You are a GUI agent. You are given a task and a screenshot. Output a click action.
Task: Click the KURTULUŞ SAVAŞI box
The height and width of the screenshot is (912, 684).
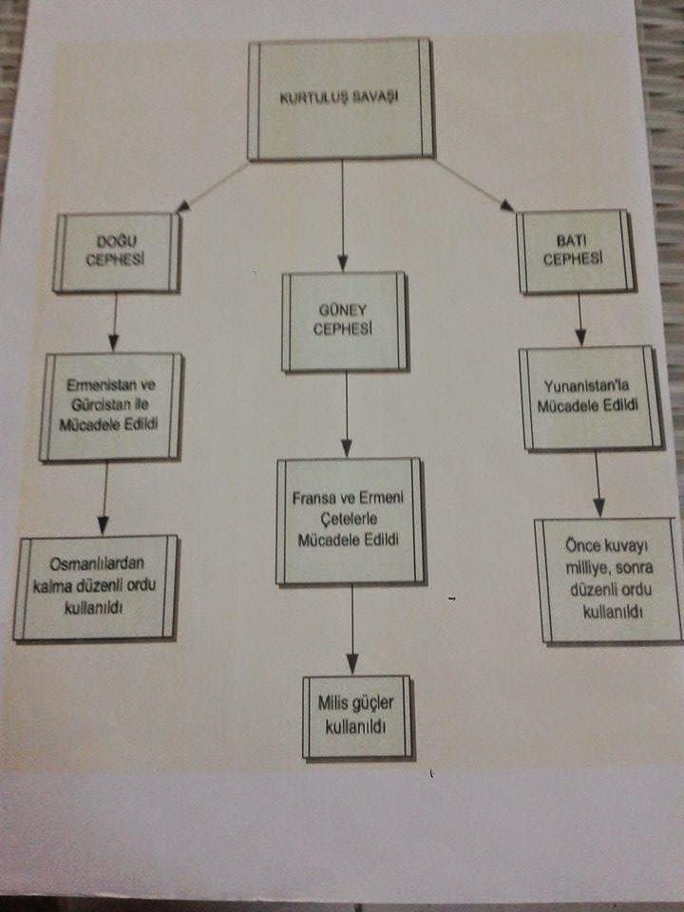point(340,99)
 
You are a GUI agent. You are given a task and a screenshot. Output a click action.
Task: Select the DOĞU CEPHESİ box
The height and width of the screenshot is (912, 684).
point(118,253)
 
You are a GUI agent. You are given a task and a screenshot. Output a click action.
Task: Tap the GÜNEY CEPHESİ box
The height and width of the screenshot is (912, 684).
point(344,321)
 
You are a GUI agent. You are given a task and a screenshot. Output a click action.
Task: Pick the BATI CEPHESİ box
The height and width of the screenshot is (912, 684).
point(576,252)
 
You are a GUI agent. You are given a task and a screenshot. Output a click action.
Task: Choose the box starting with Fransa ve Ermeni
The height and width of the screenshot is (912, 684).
point(348,520)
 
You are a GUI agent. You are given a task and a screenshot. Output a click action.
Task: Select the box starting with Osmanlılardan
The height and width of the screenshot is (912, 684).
point(96,586)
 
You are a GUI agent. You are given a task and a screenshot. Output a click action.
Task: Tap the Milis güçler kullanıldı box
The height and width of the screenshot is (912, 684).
point(357,716)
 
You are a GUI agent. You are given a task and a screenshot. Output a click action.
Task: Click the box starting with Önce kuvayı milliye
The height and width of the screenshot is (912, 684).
point(608,579)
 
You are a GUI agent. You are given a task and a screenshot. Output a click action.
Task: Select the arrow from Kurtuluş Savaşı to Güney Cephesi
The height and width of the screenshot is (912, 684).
point(343,214)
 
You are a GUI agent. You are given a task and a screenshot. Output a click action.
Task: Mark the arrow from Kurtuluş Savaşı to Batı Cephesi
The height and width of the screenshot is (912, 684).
point(474,184)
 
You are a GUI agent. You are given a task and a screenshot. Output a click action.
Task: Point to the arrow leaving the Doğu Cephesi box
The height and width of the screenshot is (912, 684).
point(115,321)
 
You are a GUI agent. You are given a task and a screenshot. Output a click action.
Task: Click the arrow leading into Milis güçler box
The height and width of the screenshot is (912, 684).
point(353,629)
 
